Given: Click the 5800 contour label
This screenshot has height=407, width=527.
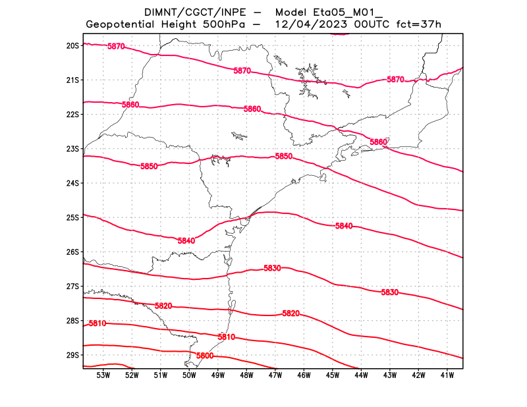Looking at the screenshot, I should click(x=205, y=356).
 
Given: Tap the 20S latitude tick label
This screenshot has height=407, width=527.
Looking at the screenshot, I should click(x=72, y=45).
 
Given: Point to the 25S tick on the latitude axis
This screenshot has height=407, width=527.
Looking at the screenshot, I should click(x=72, y=217).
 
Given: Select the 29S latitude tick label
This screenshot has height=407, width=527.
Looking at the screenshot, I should click(x=72, y=355).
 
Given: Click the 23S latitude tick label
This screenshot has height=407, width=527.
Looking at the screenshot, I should click(x=72, y=149).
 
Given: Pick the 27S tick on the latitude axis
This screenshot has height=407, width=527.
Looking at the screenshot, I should click(x=72, y=286).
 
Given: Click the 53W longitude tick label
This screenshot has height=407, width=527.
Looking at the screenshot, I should click(x=103, y=375).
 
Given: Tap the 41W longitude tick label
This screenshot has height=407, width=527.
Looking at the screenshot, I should click(x=447, y=375).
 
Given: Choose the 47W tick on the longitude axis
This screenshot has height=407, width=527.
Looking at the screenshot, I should click(x=275, y=375).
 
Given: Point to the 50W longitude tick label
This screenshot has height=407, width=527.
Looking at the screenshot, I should click(x=189, y=375).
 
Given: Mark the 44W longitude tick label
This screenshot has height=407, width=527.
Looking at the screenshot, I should click(x=361, y=375).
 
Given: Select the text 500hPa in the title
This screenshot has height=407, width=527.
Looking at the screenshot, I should click(x=225, y=24).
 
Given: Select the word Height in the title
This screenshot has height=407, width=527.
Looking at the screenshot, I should click(x=176, y=24).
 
